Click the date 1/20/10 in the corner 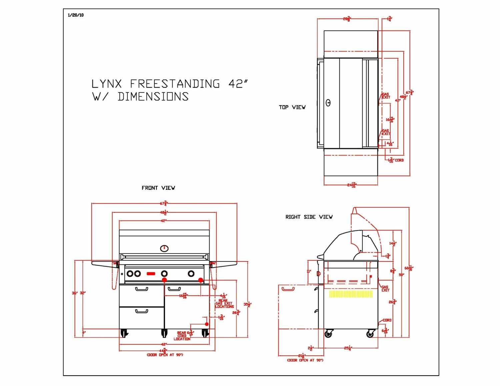tap(76, 15)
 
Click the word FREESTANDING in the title tap(175, 84)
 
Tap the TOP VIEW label tap(292, 107)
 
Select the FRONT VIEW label tap(158, 188)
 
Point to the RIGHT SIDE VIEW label tap(309, 217)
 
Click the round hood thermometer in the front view tap(164, 248)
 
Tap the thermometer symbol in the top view tap(328, 103)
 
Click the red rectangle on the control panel tap(151, 274)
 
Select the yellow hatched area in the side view tap(351, 294)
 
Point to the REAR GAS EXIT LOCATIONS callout tap(224, 304)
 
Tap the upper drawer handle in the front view tap(142, 289)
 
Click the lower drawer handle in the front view tap(142, 311)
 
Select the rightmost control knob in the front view tap(191, 274)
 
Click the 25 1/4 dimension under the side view tap(348, 348)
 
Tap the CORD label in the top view tap(399, 160)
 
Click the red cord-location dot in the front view tap(207, 324)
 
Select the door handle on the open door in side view tap(288, 289)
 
